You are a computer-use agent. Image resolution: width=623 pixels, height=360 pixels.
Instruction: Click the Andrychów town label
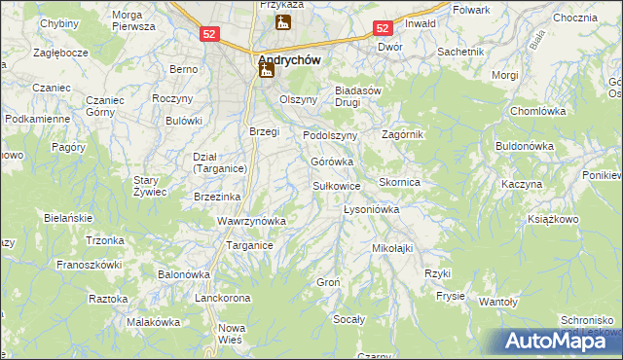[290, 58]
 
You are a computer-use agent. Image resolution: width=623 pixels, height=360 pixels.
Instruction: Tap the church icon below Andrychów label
[266, 71]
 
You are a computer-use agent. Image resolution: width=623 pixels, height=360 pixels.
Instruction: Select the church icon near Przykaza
[283, 22]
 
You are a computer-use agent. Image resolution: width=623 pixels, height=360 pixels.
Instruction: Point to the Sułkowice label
[336, 185]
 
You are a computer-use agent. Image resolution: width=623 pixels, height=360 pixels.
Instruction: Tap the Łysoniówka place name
[373, 209]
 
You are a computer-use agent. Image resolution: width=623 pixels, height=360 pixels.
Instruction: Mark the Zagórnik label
[403, 134]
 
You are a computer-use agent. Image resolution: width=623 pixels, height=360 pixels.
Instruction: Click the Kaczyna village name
[522, 184]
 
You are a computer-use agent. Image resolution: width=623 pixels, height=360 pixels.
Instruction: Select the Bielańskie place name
[67, 218]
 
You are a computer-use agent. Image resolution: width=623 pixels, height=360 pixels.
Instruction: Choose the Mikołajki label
[392, 248]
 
